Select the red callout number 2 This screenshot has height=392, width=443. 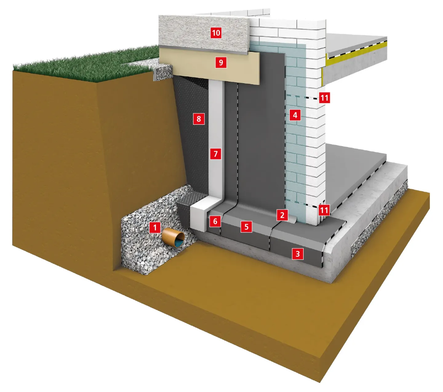coord(282,215)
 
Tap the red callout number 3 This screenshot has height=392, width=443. coord(297,254)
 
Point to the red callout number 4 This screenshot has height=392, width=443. coord(295,115)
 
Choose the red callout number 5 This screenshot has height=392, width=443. coord(246,227)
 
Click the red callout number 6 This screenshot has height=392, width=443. coord(215,221)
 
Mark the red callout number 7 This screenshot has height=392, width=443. coord(216,154)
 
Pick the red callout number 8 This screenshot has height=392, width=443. coord(198,119)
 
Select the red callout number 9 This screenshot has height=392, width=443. coord(221,63)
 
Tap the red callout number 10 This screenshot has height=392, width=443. coord(216,33)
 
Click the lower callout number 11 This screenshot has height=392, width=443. coord(324,210)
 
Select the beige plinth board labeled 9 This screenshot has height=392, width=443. coord(210,66)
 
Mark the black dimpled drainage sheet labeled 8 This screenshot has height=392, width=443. coord(192,136)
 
